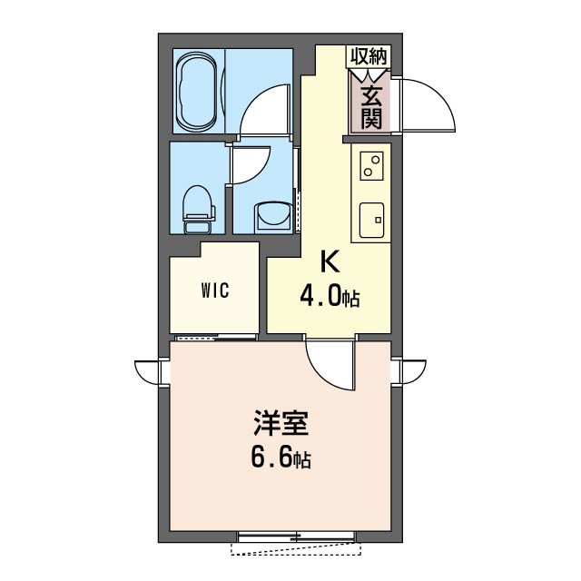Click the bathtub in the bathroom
click(x=197, y=91)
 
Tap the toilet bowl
click(x=196, y=204)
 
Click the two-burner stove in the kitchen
click(x=372, y=165)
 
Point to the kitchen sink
click(x=372, y=218)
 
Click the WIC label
click(x=215, y=291)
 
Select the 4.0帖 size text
click(x=330, y=297)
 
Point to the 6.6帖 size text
click(x=280, y=459)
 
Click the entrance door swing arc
click(x=427, y=102)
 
